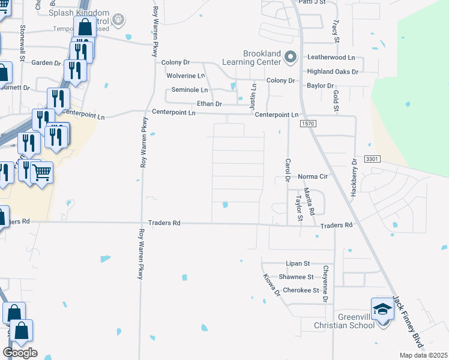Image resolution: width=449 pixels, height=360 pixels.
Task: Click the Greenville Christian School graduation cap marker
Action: point(382,310)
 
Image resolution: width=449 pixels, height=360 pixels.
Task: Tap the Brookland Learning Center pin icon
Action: point(291,58)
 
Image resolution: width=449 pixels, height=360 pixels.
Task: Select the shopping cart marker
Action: point(41,173)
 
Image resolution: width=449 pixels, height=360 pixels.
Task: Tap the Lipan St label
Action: point(297,263)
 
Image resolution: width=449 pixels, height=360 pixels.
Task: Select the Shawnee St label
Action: point(296,277)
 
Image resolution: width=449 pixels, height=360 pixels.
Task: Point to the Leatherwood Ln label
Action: point(331,57)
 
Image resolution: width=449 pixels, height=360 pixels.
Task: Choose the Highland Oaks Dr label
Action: point(333,71)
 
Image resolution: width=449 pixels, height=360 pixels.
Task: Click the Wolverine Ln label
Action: point(186,76)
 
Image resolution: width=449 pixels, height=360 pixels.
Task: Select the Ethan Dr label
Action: point(210,104)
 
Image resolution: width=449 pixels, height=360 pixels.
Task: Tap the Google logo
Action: point(20,352)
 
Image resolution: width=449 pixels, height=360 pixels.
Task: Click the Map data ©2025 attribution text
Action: point(423,355)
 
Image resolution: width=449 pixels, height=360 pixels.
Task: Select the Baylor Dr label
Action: point(320,86)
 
